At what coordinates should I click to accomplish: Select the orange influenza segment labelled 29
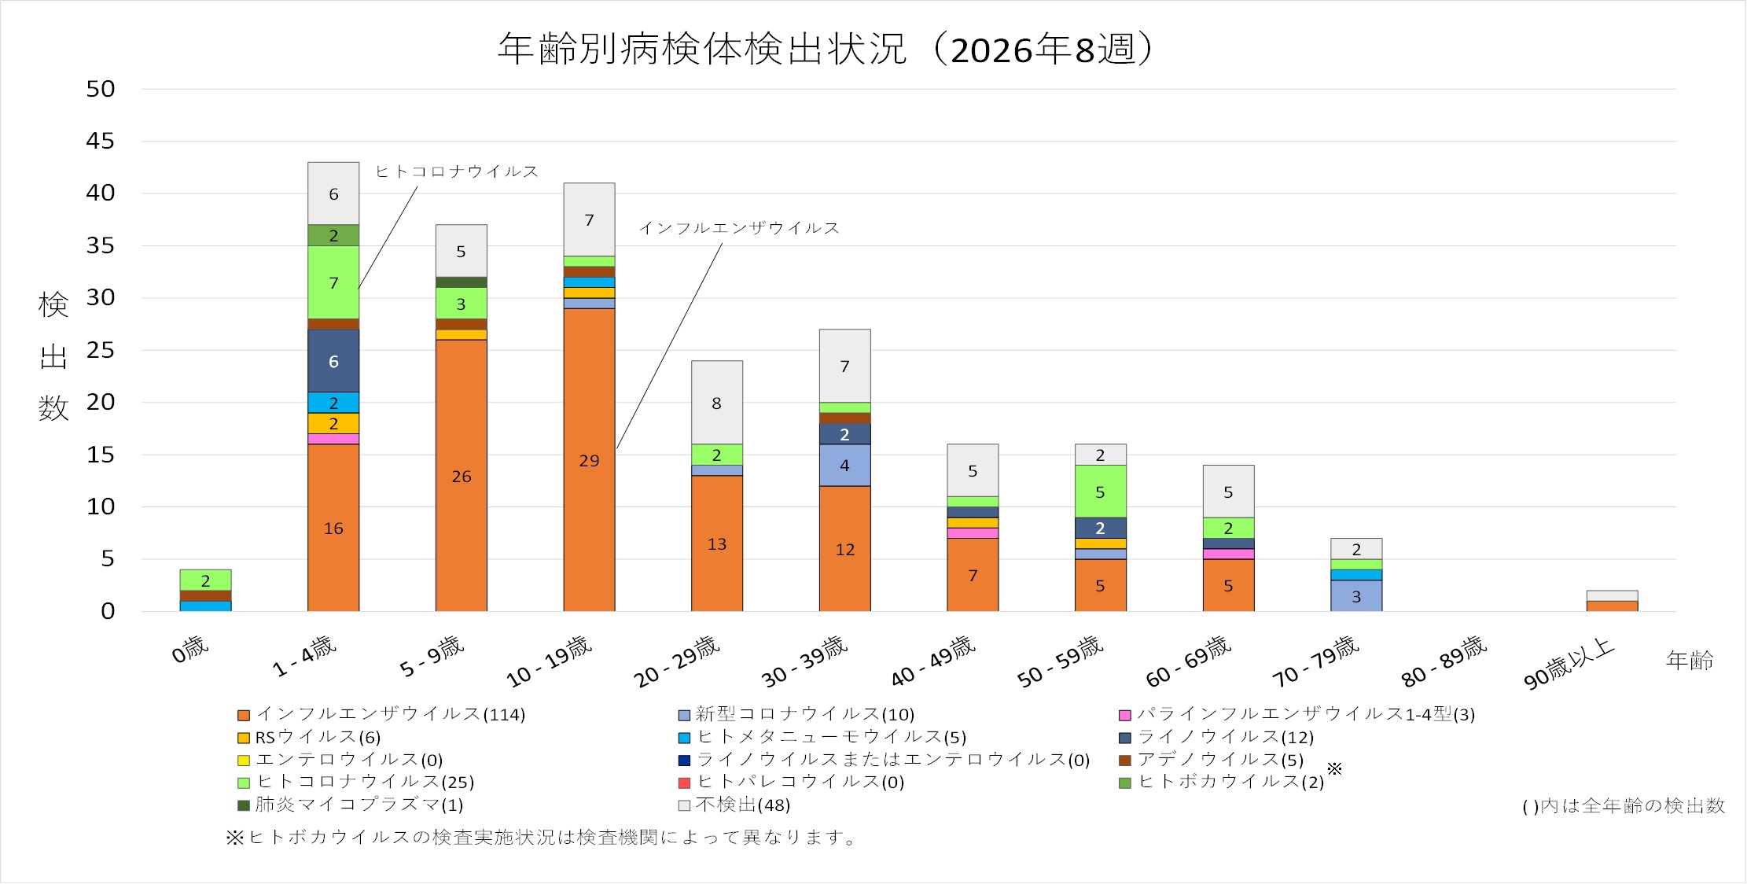pos(589,459)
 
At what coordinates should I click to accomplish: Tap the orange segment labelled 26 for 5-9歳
pos(461,475)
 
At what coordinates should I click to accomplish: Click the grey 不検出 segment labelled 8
pos(716,403)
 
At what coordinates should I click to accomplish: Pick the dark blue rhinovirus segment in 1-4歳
pos(333,361)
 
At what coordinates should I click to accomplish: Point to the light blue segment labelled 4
pos(844,465)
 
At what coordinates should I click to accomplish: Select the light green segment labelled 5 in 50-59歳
pos(1100,492)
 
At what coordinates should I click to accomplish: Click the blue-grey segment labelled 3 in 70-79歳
pos(1355,595)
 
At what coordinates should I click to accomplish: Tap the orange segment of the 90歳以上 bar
pos(1612,606)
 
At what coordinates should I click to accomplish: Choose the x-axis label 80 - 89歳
pos(1444,661)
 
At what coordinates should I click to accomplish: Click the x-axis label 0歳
pos(189,650)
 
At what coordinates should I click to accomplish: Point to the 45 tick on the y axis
pos(101,141)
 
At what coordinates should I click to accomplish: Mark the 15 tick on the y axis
pos(101,455)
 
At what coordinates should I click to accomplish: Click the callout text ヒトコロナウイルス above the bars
pos(457,171)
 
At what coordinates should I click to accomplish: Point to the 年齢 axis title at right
pos(1689,660)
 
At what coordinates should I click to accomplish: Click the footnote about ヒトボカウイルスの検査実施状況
pos(542,838)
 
